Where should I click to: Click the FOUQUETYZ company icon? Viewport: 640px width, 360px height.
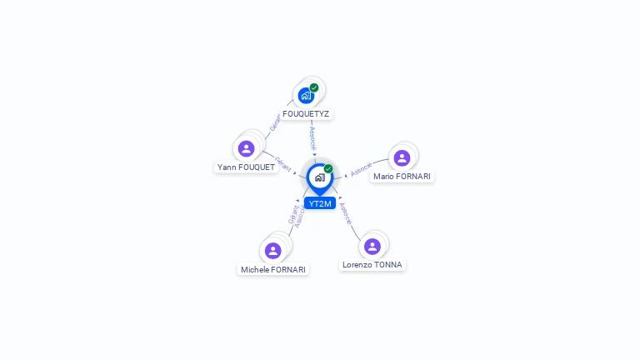coord(306,96)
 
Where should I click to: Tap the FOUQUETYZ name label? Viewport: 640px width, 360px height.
coord(306,114)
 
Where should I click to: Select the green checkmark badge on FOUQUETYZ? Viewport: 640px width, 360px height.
coord(314,87)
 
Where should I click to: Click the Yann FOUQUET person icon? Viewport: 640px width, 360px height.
coord(246,148)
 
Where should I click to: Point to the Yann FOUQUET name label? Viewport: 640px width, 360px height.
coord(246,167)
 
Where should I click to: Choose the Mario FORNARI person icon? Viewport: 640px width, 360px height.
coord(402,158)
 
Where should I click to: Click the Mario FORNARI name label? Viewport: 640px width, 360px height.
coord(402,177)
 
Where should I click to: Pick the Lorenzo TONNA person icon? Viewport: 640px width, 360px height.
coord(372,246)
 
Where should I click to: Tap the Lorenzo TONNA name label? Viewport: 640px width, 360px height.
coord(372,265)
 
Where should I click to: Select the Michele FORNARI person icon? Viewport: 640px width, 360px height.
coord(272,251)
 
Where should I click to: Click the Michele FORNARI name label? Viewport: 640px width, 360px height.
coord(273,270)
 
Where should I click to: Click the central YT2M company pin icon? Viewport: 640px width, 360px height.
coord(319,177)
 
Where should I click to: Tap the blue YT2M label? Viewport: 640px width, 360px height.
coord(320,203)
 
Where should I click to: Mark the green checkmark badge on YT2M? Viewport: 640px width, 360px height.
coord(328,169)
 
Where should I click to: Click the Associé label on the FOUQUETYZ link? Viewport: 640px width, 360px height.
coord(312,137)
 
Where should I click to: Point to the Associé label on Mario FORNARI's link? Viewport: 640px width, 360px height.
coord(362,168)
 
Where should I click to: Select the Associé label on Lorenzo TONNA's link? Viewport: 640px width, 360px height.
coord(346,213)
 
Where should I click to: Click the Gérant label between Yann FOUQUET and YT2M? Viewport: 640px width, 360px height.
coord(282,163)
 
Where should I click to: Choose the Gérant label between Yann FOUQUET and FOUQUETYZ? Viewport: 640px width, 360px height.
coord(274,122)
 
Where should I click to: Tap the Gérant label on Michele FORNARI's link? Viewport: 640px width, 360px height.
coord(292,214)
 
